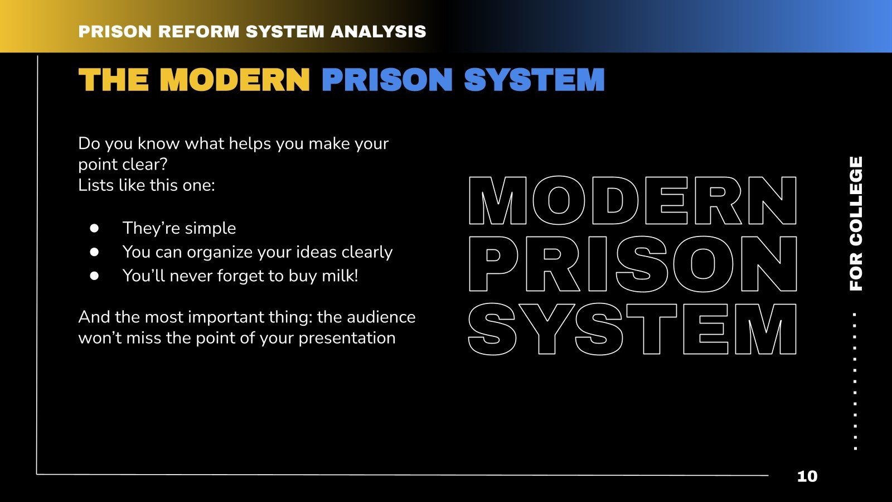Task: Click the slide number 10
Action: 807,476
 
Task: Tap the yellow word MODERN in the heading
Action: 235,80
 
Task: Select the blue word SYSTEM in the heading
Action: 534,80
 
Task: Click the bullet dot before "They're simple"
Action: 94,228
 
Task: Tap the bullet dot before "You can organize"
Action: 94,252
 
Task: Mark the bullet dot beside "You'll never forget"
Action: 94,276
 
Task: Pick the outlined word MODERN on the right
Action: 633,201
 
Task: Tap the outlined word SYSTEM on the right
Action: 633,330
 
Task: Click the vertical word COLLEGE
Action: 856,201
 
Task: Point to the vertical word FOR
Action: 856,272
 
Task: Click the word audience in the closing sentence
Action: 381,317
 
